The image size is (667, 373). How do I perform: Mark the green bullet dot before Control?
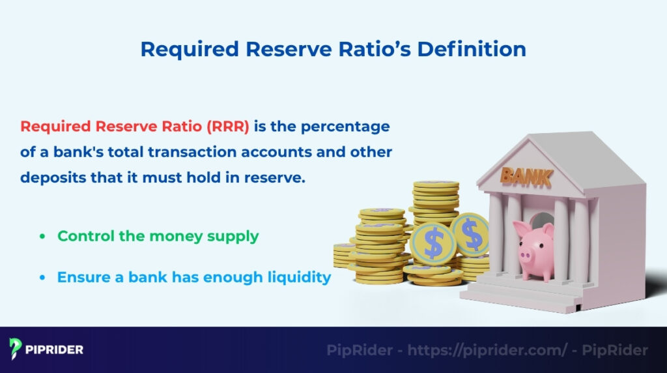[x=42, y=237]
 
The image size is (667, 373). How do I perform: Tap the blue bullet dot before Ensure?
[x=42, y=278]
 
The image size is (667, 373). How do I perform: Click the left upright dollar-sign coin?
[x=431, y=241]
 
